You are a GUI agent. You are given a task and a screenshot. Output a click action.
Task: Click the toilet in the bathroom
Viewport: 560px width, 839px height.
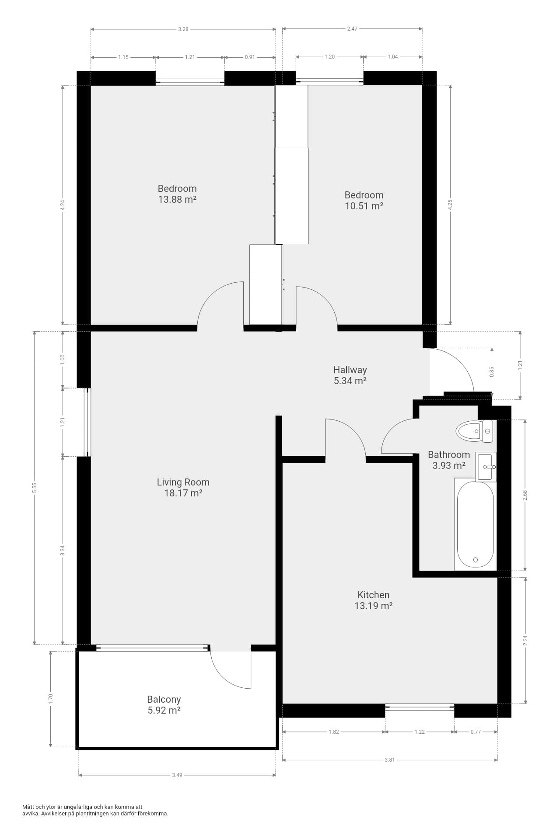(474, 431)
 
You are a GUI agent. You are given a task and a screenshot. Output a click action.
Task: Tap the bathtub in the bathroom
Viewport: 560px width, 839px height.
(475, 524)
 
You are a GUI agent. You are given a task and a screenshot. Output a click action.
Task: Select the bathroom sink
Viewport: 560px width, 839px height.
(486, 467)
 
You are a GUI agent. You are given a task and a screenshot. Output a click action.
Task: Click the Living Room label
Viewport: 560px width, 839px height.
(183, 482)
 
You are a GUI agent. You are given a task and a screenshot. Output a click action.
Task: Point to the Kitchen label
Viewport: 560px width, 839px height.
(373, 595)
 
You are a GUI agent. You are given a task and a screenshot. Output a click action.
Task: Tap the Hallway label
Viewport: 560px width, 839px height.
(350, 370)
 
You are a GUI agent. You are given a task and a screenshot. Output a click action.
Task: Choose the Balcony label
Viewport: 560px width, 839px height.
(164, 699)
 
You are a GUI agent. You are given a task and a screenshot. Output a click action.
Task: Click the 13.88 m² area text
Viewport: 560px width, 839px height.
(177, 200)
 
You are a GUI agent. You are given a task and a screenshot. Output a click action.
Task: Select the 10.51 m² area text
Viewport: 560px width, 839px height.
(364, 206)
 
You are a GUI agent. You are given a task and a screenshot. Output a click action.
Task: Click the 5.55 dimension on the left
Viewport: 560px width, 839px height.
(34, 488)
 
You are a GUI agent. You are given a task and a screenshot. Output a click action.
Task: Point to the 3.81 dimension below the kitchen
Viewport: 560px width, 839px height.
(390, 760)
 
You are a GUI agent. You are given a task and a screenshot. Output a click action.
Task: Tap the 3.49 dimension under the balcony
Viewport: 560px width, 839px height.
(177, 775)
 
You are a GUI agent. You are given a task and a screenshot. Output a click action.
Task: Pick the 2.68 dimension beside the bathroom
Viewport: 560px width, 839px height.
(525, 495)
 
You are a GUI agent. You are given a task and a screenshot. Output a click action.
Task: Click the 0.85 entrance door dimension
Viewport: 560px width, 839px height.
(492, 371)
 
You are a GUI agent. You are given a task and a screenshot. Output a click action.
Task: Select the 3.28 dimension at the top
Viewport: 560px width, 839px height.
(183, 29)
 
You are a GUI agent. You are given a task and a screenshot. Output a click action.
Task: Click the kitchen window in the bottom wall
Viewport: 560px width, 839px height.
(420, 707)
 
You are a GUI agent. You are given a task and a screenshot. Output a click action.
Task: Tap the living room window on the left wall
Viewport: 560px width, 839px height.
(87, 422)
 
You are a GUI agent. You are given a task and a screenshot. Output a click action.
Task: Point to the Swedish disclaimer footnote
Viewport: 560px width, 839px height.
(95, 810)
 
